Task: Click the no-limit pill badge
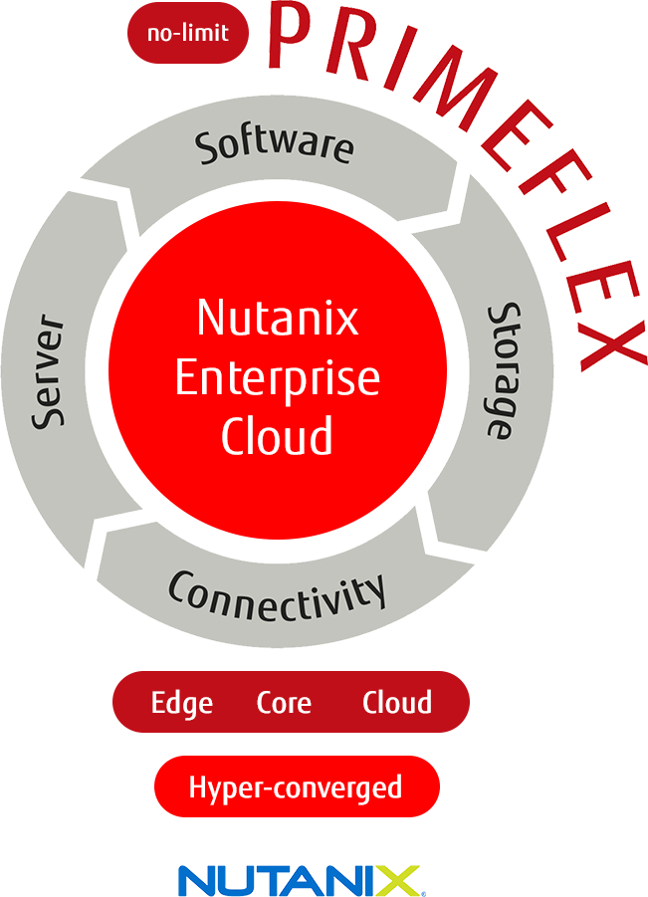(188, 33)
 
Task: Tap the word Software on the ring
(274, 145)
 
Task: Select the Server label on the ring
(48, 371)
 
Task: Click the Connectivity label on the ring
(278, 596)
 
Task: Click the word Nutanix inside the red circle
(278, 318)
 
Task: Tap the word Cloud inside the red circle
(278, 436)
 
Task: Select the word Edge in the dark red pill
(182, 703)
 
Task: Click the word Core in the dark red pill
(284, 703)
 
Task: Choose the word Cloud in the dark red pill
(397, 702)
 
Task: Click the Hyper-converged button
(297, 786)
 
